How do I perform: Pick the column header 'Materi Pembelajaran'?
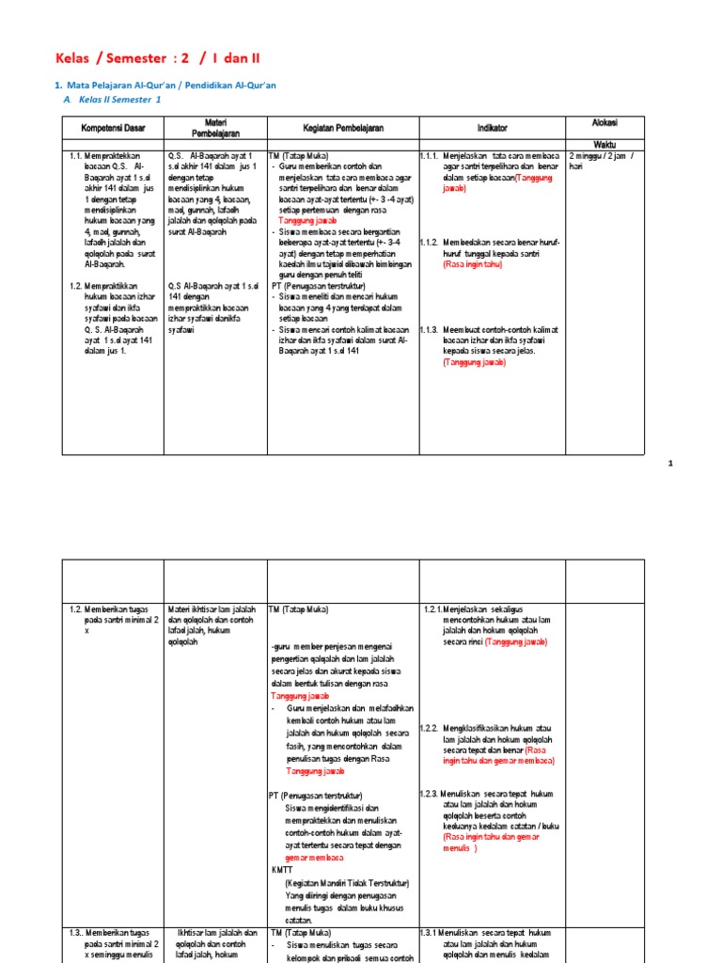point(216,127)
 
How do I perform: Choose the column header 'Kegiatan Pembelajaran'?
point(342,127)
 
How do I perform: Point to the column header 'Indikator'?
point(491,127)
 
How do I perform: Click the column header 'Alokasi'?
point(604,123)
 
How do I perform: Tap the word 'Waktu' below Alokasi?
point(604,143)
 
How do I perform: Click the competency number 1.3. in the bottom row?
point(78,932)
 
